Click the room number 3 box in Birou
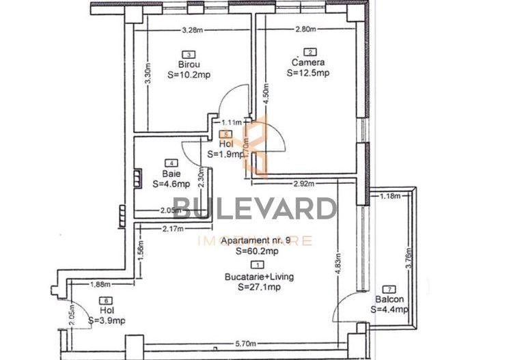click(187, 55)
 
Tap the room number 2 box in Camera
click(311, 52)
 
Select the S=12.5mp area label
click(308, 72)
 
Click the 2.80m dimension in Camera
click(306, 30)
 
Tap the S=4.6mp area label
click(170, 184)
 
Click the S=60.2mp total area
click(258, 251)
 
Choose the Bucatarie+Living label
click(258, 277)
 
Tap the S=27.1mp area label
click(258, 287)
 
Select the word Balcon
click(389, 299)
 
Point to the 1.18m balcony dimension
click(390, 197)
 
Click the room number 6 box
click(106, 301)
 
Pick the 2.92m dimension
click(303, 184)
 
